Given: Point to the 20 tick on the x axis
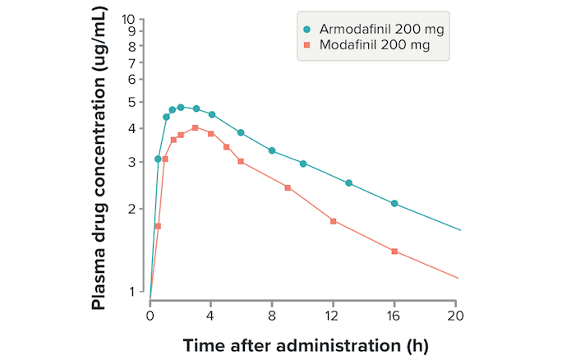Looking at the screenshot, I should tap(456, 315).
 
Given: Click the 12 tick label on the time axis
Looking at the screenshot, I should tap(333, 315).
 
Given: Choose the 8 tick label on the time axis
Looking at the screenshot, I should tap(272, 315).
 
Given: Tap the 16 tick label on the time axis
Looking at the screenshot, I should tap(394, 315).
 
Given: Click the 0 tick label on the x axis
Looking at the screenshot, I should tap(150, 315).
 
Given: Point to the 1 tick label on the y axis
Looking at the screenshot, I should tap(133, 292).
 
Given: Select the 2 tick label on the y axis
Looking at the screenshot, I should tap(133, 210).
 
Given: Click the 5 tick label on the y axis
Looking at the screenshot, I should tap(133, 102).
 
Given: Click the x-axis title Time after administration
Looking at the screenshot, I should tap(305, 343).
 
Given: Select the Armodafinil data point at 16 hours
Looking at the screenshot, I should tap(394, 203).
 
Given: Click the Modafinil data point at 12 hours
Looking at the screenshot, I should tap(333, 221).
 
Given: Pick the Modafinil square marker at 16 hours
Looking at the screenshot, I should tap(394, 252).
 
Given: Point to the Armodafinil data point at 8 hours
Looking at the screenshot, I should tap(272, 150).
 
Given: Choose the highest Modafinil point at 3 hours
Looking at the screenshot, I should tap(196, 127).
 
